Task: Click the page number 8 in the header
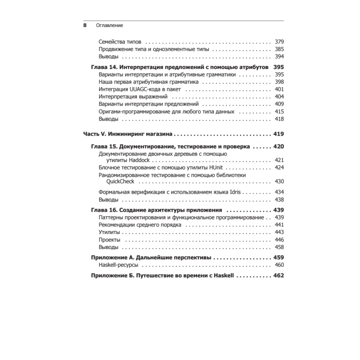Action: (85, 26)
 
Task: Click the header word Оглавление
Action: (109, 26)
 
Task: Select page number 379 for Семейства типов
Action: (279, 41)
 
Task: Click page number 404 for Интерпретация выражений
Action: (279, 97)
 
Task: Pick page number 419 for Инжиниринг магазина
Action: (278, 134)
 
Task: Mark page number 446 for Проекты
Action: (279, 240)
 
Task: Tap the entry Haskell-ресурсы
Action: (118, 265)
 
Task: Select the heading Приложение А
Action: (113, 257)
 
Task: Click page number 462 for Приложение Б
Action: (278, 275)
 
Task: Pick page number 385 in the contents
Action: (279, 49)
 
